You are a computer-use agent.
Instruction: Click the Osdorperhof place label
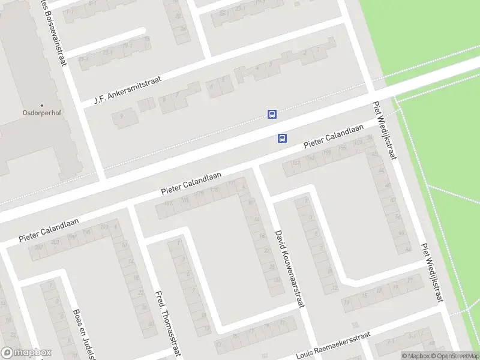coord(42,112)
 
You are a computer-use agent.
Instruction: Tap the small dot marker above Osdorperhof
coord(42,105)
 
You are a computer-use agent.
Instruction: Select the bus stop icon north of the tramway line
coord(272,114)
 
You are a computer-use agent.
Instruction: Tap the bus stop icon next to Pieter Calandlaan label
coord(282,138)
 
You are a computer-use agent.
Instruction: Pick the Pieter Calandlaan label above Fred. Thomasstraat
coord(191,183)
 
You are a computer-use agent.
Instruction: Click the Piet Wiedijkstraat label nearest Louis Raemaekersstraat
coord(432,272)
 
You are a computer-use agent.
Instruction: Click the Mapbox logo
coord(26,353)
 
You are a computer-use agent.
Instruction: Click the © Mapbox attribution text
coord(415,356)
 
